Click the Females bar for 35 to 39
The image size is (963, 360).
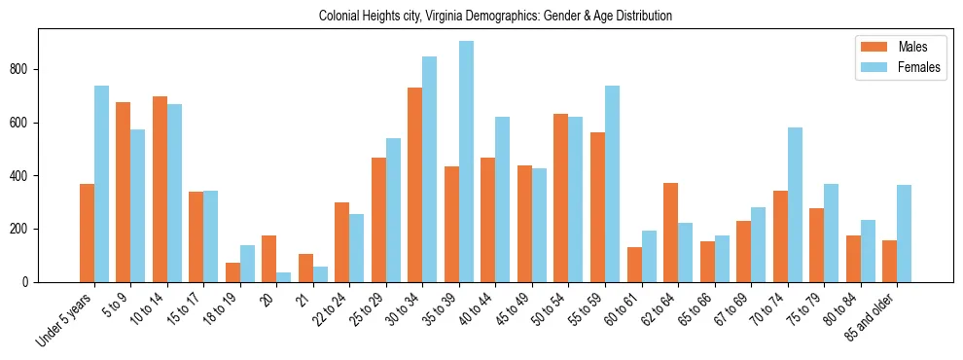[x=466, y=162]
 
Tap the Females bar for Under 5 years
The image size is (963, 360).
[x=101, y=184]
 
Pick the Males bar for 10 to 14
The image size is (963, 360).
[x=160, y=189]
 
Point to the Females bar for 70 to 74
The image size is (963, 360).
[x=795, y=204]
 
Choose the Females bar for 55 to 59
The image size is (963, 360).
[x=612, y=184]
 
